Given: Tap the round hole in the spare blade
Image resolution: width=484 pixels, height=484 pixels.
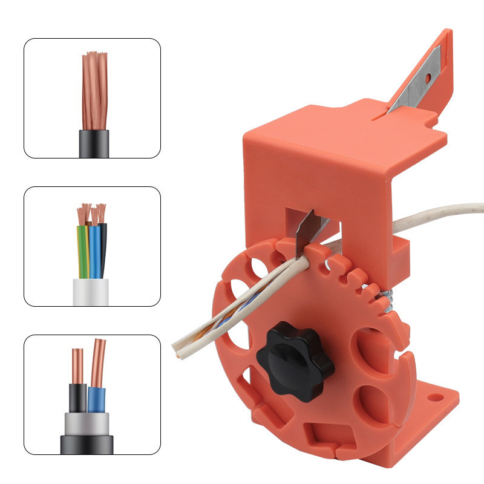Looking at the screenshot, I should point(428,78).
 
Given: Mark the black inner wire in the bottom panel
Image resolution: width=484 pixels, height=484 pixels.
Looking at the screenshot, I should point(77,396).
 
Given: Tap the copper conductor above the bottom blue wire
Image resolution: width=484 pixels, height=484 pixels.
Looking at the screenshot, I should point(99,363).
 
